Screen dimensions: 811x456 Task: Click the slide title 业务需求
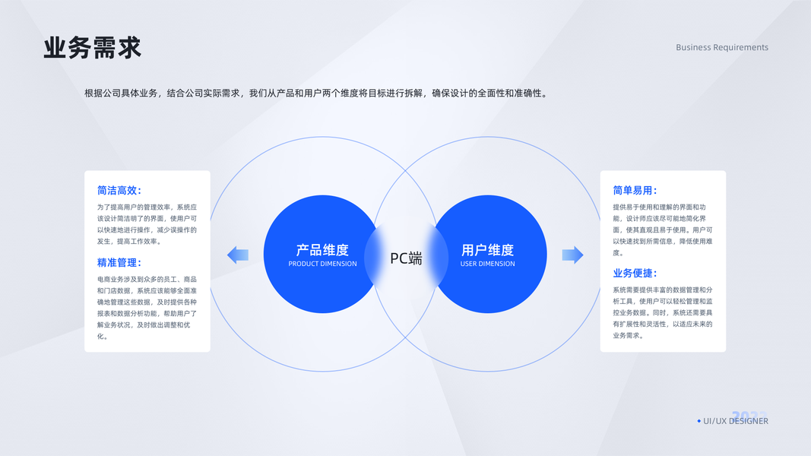pyautogui.click(x=92, y=48)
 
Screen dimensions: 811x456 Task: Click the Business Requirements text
pyautogui.click(x=722, y=47)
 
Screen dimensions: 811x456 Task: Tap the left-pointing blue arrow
pyautogui.click(x=238, y=255)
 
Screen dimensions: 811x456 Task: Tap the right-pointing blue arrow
pyautogui.click(x=572, y=255)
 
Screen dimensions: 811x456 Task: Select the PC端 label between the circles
pyautogui.click(x=406, y=258)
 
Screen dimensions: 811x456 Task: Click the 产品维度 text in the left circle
pyautogui.click(x=322, y=249)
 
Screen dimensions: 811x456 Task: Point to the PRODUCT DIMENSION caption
pyautogui.click(x=322, y=264)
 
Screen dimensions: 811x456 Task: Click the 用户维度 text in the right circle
pyautogui.click(x=487, y=249)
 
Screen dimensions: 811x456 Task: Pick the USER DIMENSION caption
pyautogui.click(x=487, y=264)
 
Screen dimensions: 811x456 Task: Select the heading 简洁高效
pyautogui.click(x=119, y=191)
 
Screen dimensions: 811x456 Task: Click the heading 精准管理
pyautogui.click(x=119, y=262)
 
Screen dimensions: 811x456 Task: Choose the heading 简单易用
pyautogui.click(x=635, y=191)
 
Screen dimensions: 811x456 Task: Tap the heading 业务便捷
pyautogui.click(x=635, y=273)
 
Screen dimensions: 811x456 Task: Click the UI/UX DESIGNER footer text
pyautogui.click(x=736, y=421)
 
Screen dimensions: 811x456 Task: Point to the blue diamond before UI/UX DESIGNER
pyautogui.click(x=699, y=421)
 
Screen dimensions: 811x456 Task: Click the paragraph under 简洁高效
pyautogui.click(x=147, y=224)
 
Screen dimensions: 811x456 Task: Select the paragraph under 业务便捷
pyautogui.click(x=662, y=312)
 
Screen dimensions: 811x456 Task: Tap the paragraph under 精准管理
pyautogui.click(x=147, y=307)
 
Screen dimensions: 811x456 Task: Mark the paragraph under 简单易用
pyautogui.click(x=662, y=230)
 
